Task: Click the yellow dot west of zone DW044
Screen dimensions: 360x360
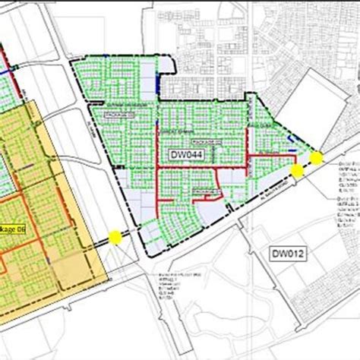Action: point(115,235)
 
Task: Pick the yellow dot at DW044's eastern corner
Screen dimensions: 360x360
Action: point(316,158)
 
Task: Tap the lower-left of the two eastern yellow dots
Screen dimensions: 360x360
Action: point(298,172)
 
